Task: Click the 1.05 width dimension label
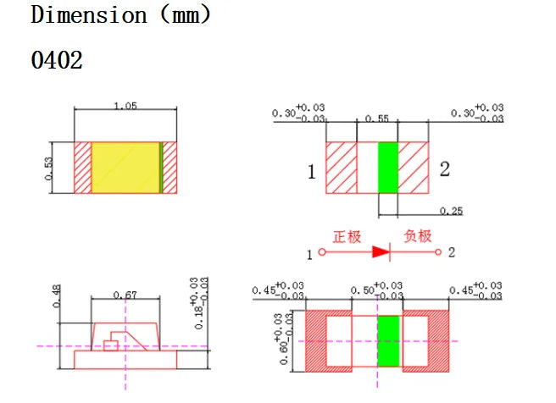[x=125, y=106]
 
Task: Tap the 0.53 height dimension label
[x=48, y=168]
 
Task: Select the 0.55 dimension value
[x=377, y=119]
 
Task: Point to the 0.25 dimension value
[x=451, y=211]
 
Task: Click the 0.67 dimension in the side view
[x=125, y=295]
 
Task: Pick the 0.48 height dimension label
[x=57, y=296]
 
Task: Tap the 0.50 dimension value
[x=363, y=290]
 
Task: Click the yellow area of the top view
[x=125, y=168]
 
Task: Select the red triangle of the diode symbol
[x=381, y=251]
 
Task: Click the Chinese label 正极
[x=347, y=236]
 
